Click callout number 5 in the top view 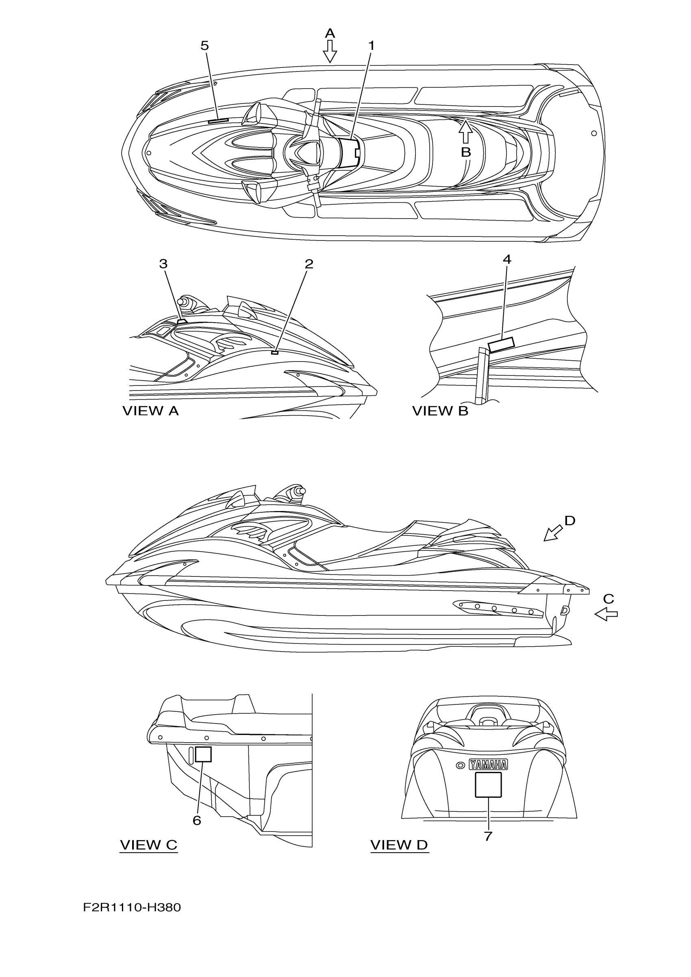(x=205, y=46)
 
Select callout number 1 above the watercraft (x=371, y=46)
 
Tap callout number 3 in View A (x=163, y=264)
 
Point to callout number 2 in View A (x=309, y=264)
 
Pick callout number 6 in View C (x=197, y=821)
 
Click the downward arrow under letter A (x=330, y=52)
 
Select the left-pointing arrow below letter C (x=606, y=615)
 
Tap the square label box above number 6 (x=203, y=754)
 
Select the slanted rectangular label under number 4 (x=501, y=344)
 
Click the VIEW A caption (x=150, y=411)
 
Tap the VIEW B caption (x=440, y=411)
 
